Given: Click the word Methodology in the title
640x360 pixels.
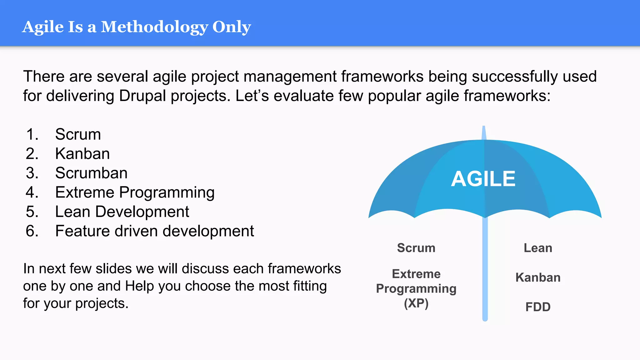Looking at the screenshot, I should (x=154, y=27).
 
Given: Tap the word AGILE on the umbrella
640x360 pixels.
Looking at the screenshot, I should (x=483, y=179).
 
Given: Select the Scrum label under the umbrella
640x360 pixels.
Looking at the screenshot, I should (x=416, y=248).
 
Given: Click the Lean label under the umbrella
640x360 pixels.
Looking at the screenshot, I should (x=538, y=248).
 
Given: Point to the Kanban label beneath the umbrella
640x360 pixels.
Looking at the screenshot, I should (x=538, y=277).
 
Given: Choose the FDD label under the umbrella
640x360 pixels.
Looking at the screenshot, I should (x=538, y=307).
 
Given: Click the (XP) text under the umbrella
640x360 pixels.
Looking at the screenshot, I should (x=416, y=303).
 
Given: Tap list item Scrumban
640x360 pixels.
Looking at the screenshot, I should (x=91, y=173).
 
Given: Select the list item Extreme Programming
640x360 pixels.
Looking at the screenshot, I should (x=135, y=192).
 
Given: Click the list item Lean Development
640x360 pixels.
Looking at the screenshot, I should (x=122, y=212).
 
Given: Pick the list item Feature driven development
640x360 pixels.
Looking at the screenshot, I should (x=154, y=231).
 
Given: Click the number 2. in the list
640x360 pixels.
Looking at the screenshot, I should (x=32, y=154).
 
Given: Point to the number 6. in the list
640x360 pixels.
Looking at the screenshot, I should (x=32, y=231).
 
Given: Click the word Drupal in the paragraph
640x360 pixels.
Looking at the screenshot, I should (x=142, y=96).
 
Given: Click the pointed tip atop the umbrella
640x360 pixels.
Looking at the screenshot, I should (x=484, y=128).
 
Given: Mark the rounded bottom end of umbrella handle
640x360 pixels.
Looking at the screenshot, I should (x=485, y=319).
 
